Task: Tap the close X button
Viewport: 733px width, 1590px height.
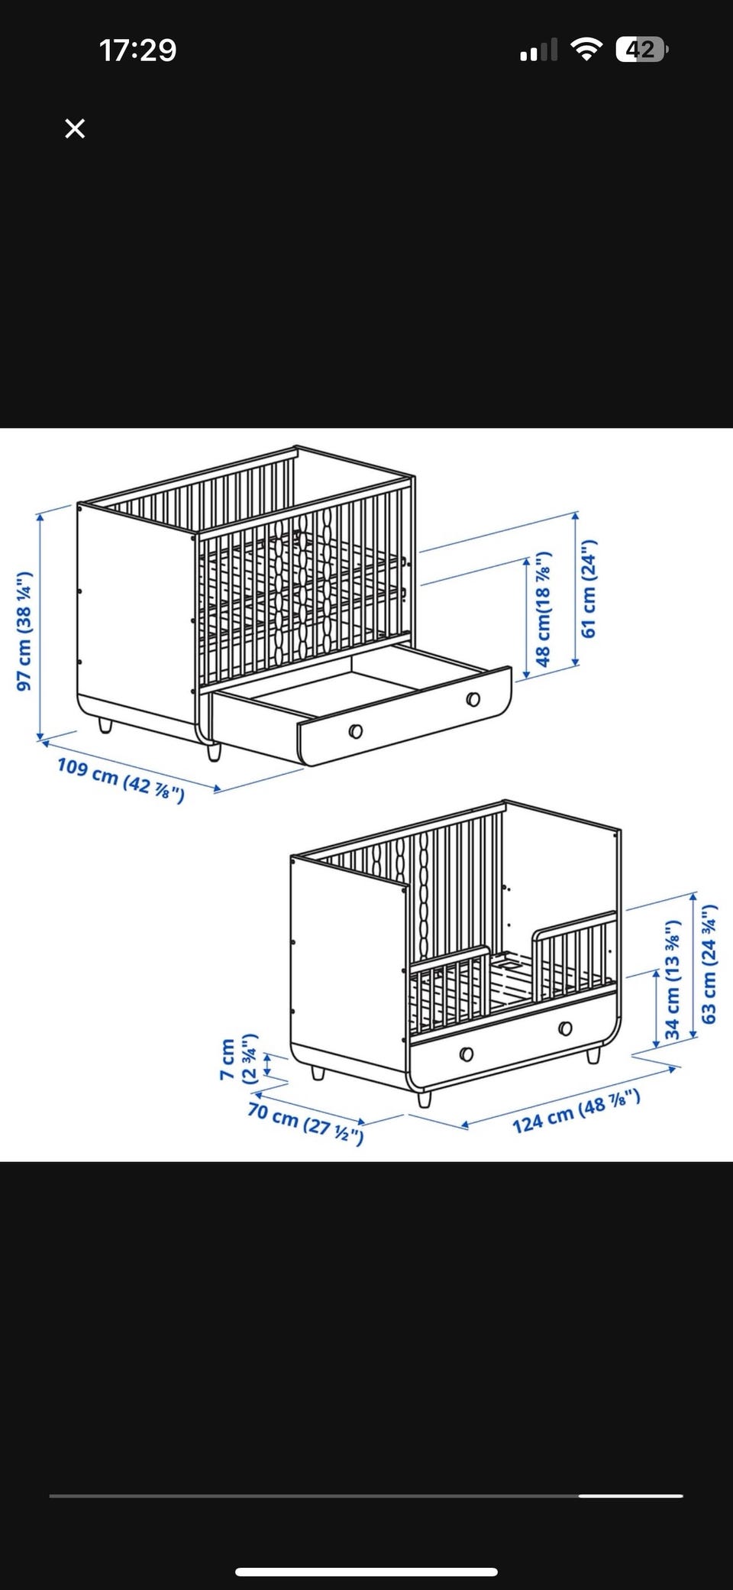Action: [x=75, y=128]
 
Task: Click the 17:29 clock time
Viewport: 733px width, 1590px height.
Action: [x=137, y=50]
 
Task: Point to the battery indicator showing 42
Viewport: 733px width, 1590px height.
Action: [x=642, y=50]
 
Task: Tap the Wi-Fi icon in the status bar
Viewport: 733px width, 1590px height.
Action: [x=586, y=50]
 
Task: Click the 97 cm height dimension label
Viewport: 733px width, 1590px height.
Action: [x=25, y=631]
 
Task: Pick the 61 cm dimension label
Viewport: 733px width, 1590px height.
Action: [x=588, y=589]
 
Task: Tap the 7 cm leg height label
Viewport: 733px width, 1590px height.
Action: [x=238, y=1059]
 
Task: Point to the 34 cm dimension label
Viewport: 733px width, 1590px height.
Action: [x=672, y=980]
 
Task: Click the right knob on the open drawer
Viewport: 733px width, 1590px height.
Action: [x=473, y=699]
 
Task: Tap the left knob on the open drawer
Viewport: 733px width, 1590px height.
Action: [x=355, y=732]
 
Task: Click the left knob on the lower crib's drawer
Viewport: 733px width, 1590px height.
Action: [x=467, y=1054]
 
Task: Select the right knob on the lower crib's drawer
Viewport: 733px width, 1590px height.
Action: [x=565, y=1028]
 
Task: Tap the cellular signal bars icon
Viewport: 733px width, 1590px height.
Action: [x=538, y=51]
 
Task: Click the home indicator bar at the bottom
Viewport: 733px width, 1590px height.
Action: [x=366, y=1550]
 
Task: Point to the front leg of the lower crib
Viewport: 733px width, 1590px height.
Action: [x=425, y=1099]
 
